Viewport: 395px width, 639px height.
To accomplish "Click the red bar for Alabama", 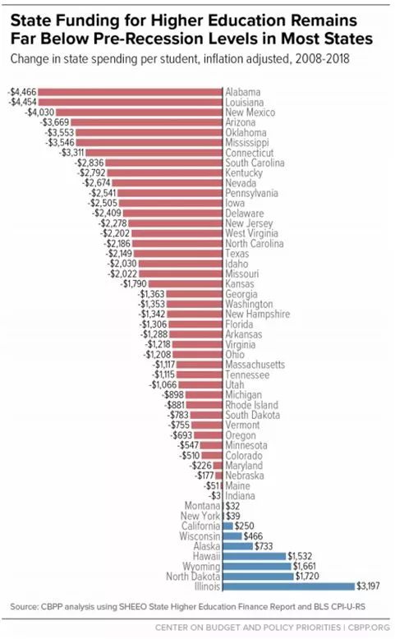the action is [130, 92].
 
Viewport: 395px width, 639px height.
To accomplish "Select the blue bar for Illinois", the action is [289, 586].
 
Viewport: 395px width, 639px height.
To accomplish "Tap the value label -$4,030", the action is [40, 112].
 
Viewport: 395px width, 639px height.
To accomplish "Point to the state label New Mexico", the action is [250, 112].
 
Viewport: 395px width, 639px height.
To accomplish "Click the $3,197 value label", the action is [368, 586].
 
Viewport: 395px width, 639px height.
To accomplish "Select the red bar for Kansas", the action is [186, 283].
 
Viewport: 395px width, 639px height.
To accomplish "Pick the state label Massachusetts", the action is [255, 365].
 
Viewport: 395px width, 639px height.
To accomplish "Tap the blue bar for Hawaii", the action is [255, 556].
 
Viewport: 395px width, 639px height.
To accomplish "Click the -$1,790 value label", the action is [134, 283].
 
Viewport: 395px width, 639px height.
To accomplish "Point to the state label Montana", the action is [203, 506].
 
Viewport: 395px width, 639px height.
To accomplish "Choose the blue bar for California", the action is [228, 526].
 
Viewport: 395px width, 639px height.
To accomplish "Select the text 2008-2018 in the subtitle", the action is [323, 58].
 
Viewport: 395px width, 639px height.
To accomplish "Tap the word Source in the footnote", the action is [24, 607].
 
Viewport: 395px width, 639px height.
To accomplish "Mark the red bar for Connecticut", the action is [154, 153].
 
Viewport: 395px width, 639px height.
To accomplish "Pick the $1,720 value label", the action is [307, 576].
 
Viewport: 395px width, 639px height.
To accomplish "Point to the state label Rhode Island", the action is [252, 405].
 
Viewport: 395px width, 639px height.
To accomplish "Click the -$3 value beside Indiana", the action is [214, 495].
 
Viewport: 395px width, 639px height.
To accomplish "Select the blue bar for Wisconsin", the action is [232, 536].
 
